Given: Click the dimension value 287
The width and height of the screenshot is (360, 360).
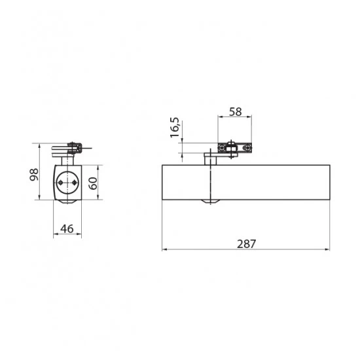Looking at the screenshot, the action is coord(246,244).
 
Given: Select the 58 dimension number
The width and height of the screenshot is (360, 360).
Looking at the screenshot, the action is coord(236,112).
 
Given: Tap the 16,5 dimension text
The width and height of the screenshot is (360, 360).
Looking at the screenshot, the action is coord(175,128).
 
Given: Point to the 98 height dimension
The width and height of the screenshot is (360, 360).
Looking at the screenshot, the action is coord(34,175).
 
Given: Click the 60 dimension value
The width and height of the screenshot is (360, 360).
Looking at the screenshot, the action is coord(93,183).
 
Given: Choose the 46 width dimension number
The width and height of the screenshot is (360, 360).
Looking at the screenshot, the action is coord(67,228).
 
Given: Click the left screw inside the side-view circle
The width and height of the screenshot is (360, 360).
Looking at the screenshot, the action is coord(60,183).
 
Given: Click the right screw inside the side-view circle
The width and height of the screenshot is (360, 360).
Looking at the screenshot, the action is coord(74,183).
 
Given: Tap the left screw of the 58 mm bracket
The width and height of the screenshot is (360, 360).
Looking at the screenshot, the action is coord(221,148).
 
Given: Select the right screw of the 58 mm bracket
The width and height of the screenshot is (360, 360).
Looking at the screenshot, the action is coord(247,148).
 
